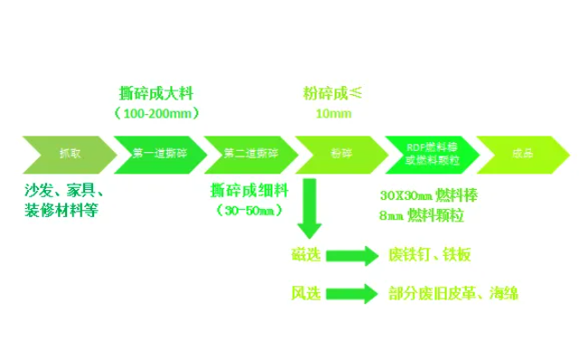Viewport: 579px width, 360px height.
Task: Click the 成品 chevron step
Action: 519,154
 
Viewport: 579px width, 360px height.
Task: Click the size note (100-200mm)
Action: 157,113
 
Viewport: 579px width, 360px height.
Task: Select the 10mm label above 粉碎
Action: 332,113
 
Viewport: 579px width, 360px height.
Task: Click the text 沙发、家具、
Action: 65,192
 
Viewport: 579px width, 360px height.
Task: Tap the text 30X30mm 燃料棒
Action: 430,195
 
